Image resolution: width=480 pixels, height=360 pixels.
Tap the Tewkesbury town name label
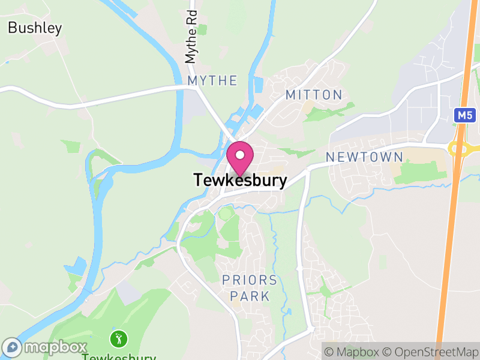tap(240, 180)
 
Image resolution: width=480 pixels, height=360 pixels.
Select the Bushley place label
tap(35, 28)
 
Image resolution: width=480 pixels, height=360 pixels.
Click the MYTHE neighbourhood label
tap(212, 80)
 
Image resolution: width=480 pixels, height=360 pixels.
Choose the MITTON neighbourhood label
tap(314, 95)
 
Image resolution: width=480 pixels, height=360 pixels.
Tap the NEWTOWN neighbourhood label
tap(364, 157)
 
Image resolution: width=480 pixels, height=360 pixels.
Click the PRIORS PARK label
tap(250, 288)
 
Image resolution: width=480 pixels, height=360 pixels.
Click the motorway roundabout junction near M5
tap(459, 147)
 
